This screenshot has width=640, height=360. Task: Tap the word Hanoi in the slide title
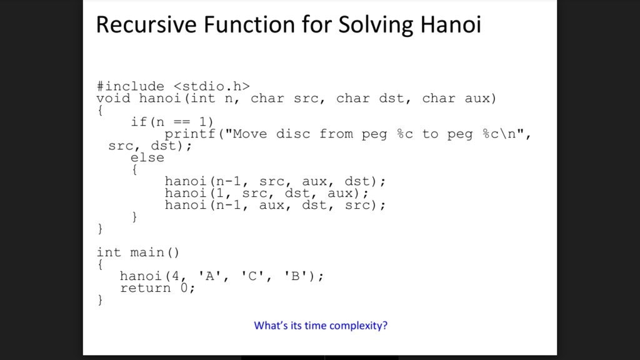[x=451, y=24]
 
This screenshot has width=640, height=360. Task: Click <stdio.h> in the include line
[x=211, y=86]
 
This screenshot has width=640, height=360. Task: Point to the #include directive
[x=130, y=86]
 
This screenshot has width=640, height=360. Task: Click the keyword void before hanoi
[x=113, y=98]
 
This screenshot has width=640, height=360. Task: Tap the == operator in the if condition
[x=182, y=122]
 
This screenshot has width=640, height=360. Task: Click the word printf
[x=190, y=134]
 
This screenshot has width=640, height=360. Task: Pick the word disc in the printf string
[x=292, y=134]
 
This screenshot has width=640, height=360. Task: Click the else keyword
[x=147, y=157]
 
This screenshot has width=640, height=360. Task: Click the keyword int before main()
[x=109, y=252]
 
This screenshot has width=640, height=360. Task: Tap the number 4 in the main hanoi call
[x=176, y=276]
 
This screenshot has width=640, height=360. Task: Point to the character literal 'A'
[x=209, y=276]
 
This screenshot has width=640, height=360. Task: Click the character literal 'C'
[x=252, y=276]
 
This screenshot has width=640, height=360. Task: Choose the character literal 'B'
[x=295, y=276]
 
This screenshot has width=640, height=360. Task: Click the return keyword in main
[x=145, y=288]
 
